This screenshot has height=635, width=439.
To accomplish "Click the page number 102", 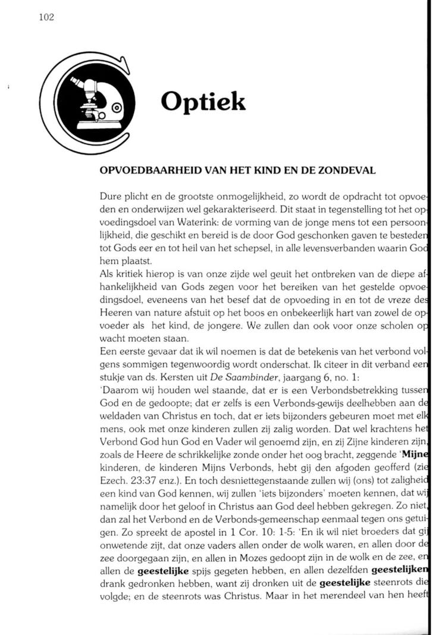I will coord(45,18).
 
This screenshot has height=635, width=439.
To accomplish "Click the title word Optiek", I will coord(203,102).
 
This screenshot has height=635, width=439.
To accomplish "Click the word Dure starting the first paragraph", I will coord(111,196).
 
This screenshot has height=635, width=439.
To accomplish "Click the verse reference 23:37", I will coord(141,484).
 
